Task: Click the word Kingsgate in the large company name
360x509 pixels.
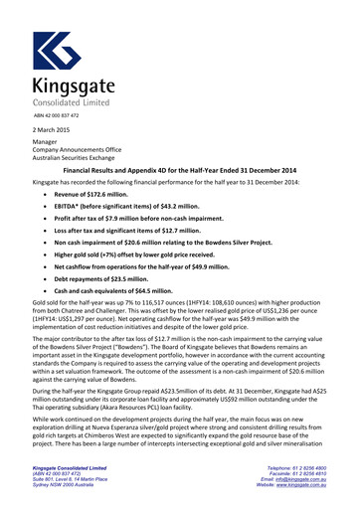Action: pos(72,86)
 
